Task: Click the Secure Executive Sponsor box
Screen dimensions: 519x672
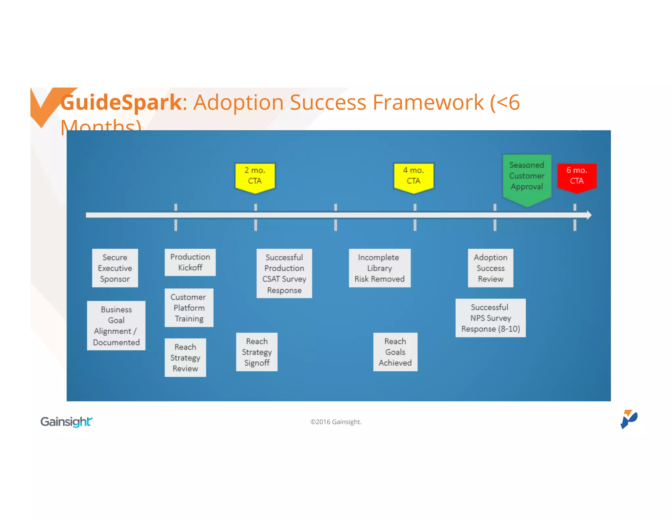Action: point(115,268)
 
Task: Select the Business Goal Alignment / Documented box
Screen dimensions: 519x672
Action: point(116,325)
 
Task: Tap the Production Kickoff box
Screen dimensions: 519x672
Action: point(190,262)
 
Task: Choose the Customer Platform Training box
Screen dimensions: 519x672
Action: point(189,308)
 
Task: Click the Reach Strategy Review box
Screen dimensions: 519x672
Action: point(185,358)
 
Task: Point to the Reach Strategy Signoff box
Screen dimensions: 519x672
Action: point(257,352)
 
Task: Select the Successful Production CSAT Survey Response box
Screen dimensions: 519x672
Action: point(284,273)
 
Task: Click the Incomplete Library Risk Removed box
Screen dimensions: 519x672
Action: point(379,268)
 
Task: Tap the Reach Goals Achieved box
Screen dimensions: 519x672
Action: point(395,352)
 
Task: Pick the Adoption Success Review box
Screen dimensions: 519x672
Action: point(490,268)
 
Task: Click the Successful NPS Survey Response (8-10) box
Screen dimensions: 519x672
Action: point(490,318)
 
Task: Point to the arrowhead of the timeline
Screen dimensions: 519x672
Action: point(589,215)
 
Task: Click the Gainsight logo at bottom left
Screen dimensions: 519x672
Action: point(66,422)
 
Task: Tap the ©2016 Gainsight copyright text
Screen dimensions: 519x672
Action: point(336,422)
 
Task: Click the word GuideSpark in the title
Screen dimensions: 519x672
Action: point(121,102)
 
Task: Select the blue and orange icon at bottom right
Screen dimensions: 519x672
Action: point(629,419)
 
